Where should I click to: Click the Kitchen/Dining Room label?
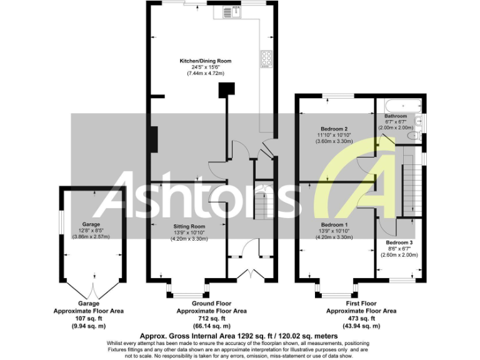pos(206,61)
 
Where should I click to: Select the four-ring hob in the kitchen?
pos(266,58)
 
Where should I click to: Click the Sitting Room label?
pos(189,226)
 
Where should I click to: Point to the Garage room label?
pos(91,224)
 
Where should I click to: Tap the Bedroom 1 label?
pos(334,224)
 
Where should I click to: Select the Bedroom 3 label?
pos(399,242)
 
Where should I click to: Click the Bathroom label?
pos(396,116)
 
